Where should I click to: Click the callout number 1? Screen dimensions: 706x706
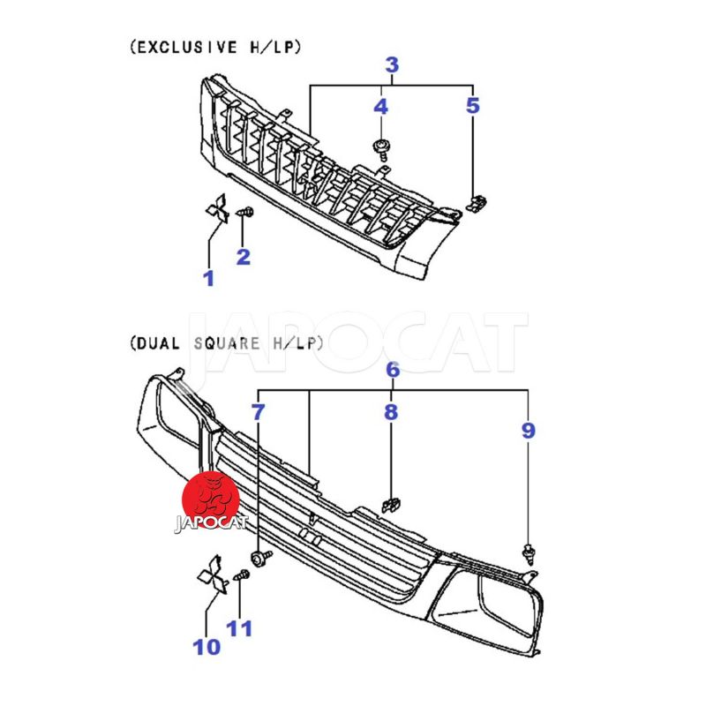209,279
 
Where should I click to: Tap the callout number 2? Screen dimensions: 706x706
243,257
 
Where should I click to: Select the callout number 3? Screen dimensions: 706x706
392,64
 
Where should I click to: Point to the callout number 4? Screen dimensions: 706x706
380,107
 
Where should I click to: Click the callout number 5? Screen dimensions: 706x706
473,107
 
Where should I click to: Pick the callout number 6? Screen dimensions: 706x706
393,370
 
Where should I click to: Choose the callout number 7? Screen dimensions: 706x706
258,411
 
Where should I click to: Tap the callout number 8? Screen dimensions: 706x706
390,411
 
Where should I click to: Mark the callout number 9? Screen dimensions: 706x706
528,431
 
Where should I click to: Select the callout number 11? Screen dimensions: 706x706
239,628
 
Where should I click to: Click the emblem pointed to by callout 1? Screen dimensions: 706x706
215,210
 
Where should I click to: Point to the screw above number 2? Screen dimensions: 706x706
246,213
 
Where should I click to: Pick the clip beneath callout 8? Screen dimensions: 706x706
390,506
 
